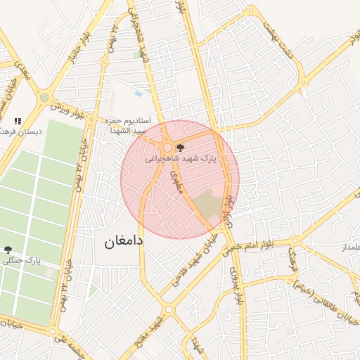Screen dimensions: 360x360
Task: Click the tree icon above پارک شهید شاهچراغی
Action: pyautogui.click(x=181, y=148)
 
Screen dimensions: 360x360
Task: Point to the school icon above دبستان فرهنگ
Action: pyautogui.click(x=18, y=121)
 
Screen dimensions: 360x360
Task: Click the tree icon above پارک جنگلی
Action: pyautogui.click(x=8, y=249)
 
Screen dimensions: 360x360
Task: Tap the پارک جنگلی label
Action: pyautogui.click(x=22, y=260)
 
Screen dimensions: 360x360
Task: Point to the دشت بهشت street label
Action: pyautogui.click(x=276, y=32)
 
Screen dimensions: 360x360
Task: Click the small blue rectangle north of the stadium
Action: pyautogui.click(x=138, y=94)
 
